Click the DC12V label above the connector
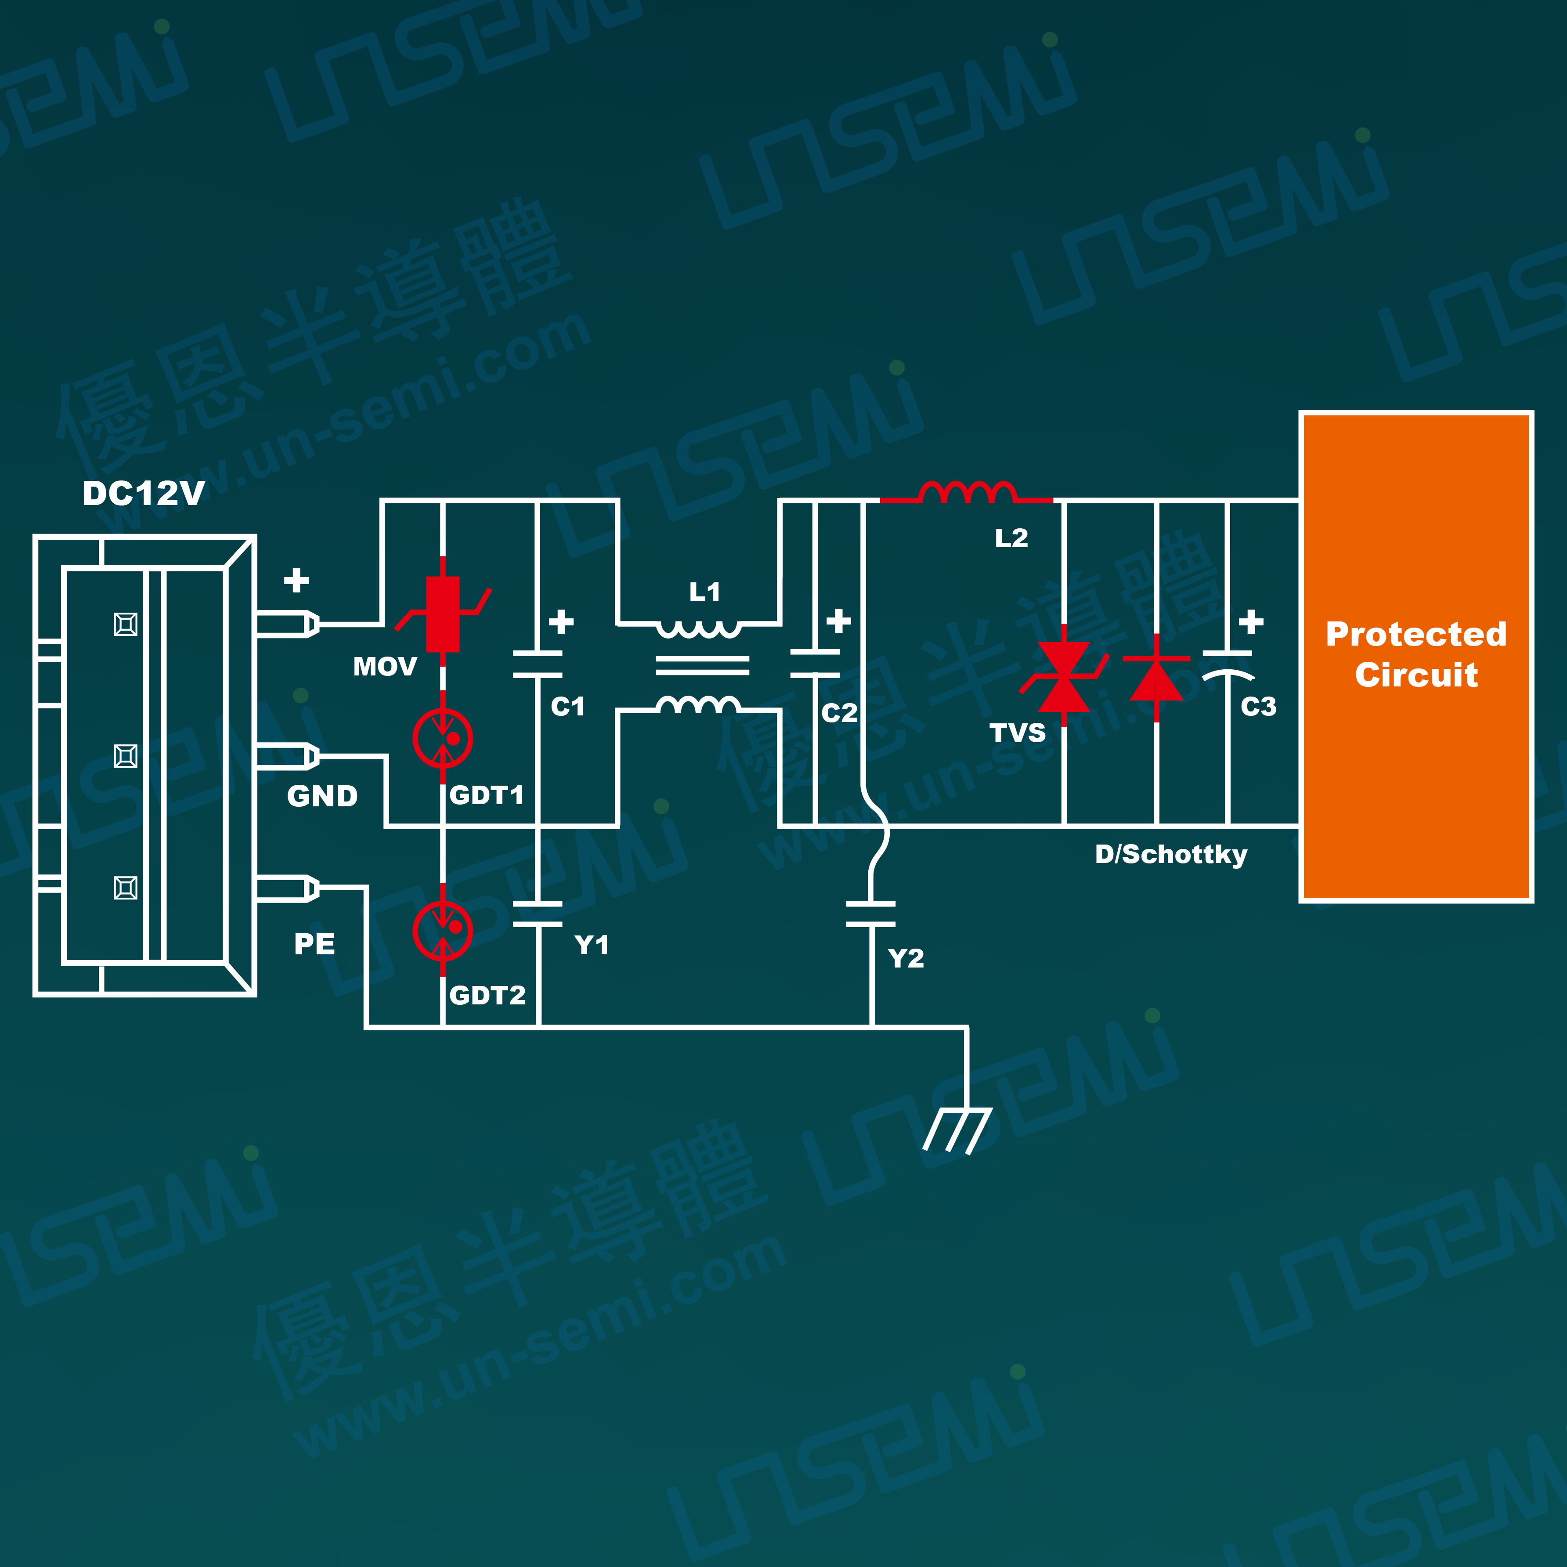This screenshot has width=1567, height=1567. click(144, 493)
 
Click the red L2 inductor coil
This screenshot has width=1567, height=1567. click(967, 492)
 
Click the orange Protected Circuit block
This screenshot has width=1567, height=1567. click(1415, 655)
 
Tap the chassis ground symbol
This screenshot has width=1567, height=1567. click(957, 1131)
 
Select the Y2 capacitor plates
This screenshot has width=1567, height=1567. click(871, 913)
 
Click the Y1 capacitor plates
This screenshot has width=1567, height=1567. click(538, 913)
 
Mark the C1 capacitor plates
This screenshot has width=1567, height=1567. click(538, 664)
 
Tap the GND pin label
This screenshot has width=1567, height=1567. click(322, 797)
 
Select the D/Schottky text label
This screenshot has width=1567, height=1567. click(1170, 854)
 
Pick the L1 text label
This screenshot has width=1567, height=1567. click(704, 592)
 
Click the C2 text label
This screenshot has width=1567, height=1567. click(839, 713)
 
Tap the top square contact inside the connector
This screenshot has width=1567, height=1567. click(126, 624)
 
